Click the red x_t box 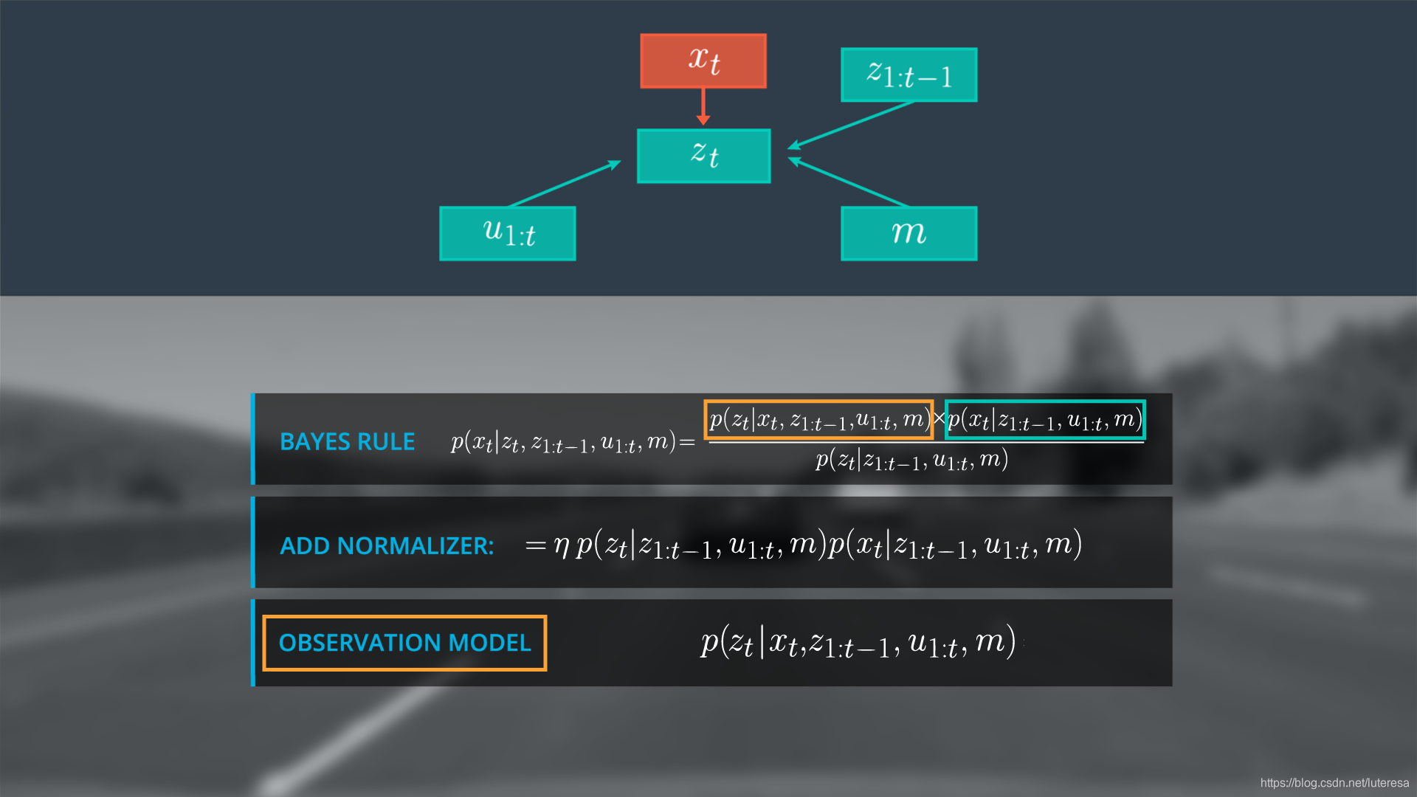coord(703,61)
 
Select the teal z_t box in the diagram coord(703,156)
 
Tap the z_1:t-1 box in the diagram coord(909,75)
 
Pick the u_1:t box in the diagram coord(507,233)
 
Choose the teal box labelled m coord(909,233)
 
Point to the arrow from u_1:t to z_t coord(565,183)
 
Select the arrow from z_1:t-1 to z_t coord(852,125)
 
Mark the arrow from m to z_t coord(849,182)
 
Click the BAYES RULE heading coord(347,441)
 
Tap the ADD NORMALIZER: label coord(387,545)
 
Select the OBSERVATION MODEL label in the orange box coord(404,643)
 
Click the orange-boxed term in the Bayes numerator coord(818,420)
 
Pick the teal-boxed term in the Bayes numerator coord(1044,420)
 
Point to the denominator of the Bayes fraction coord(911,460)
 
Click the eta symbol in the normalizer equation coord(562,546)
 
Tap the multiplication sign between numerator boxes coord(939,419)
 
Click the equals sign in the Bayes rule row coord(687,443)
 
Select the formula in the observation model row coord(858,643)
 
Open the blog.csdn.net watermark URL coord(1334,783)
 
